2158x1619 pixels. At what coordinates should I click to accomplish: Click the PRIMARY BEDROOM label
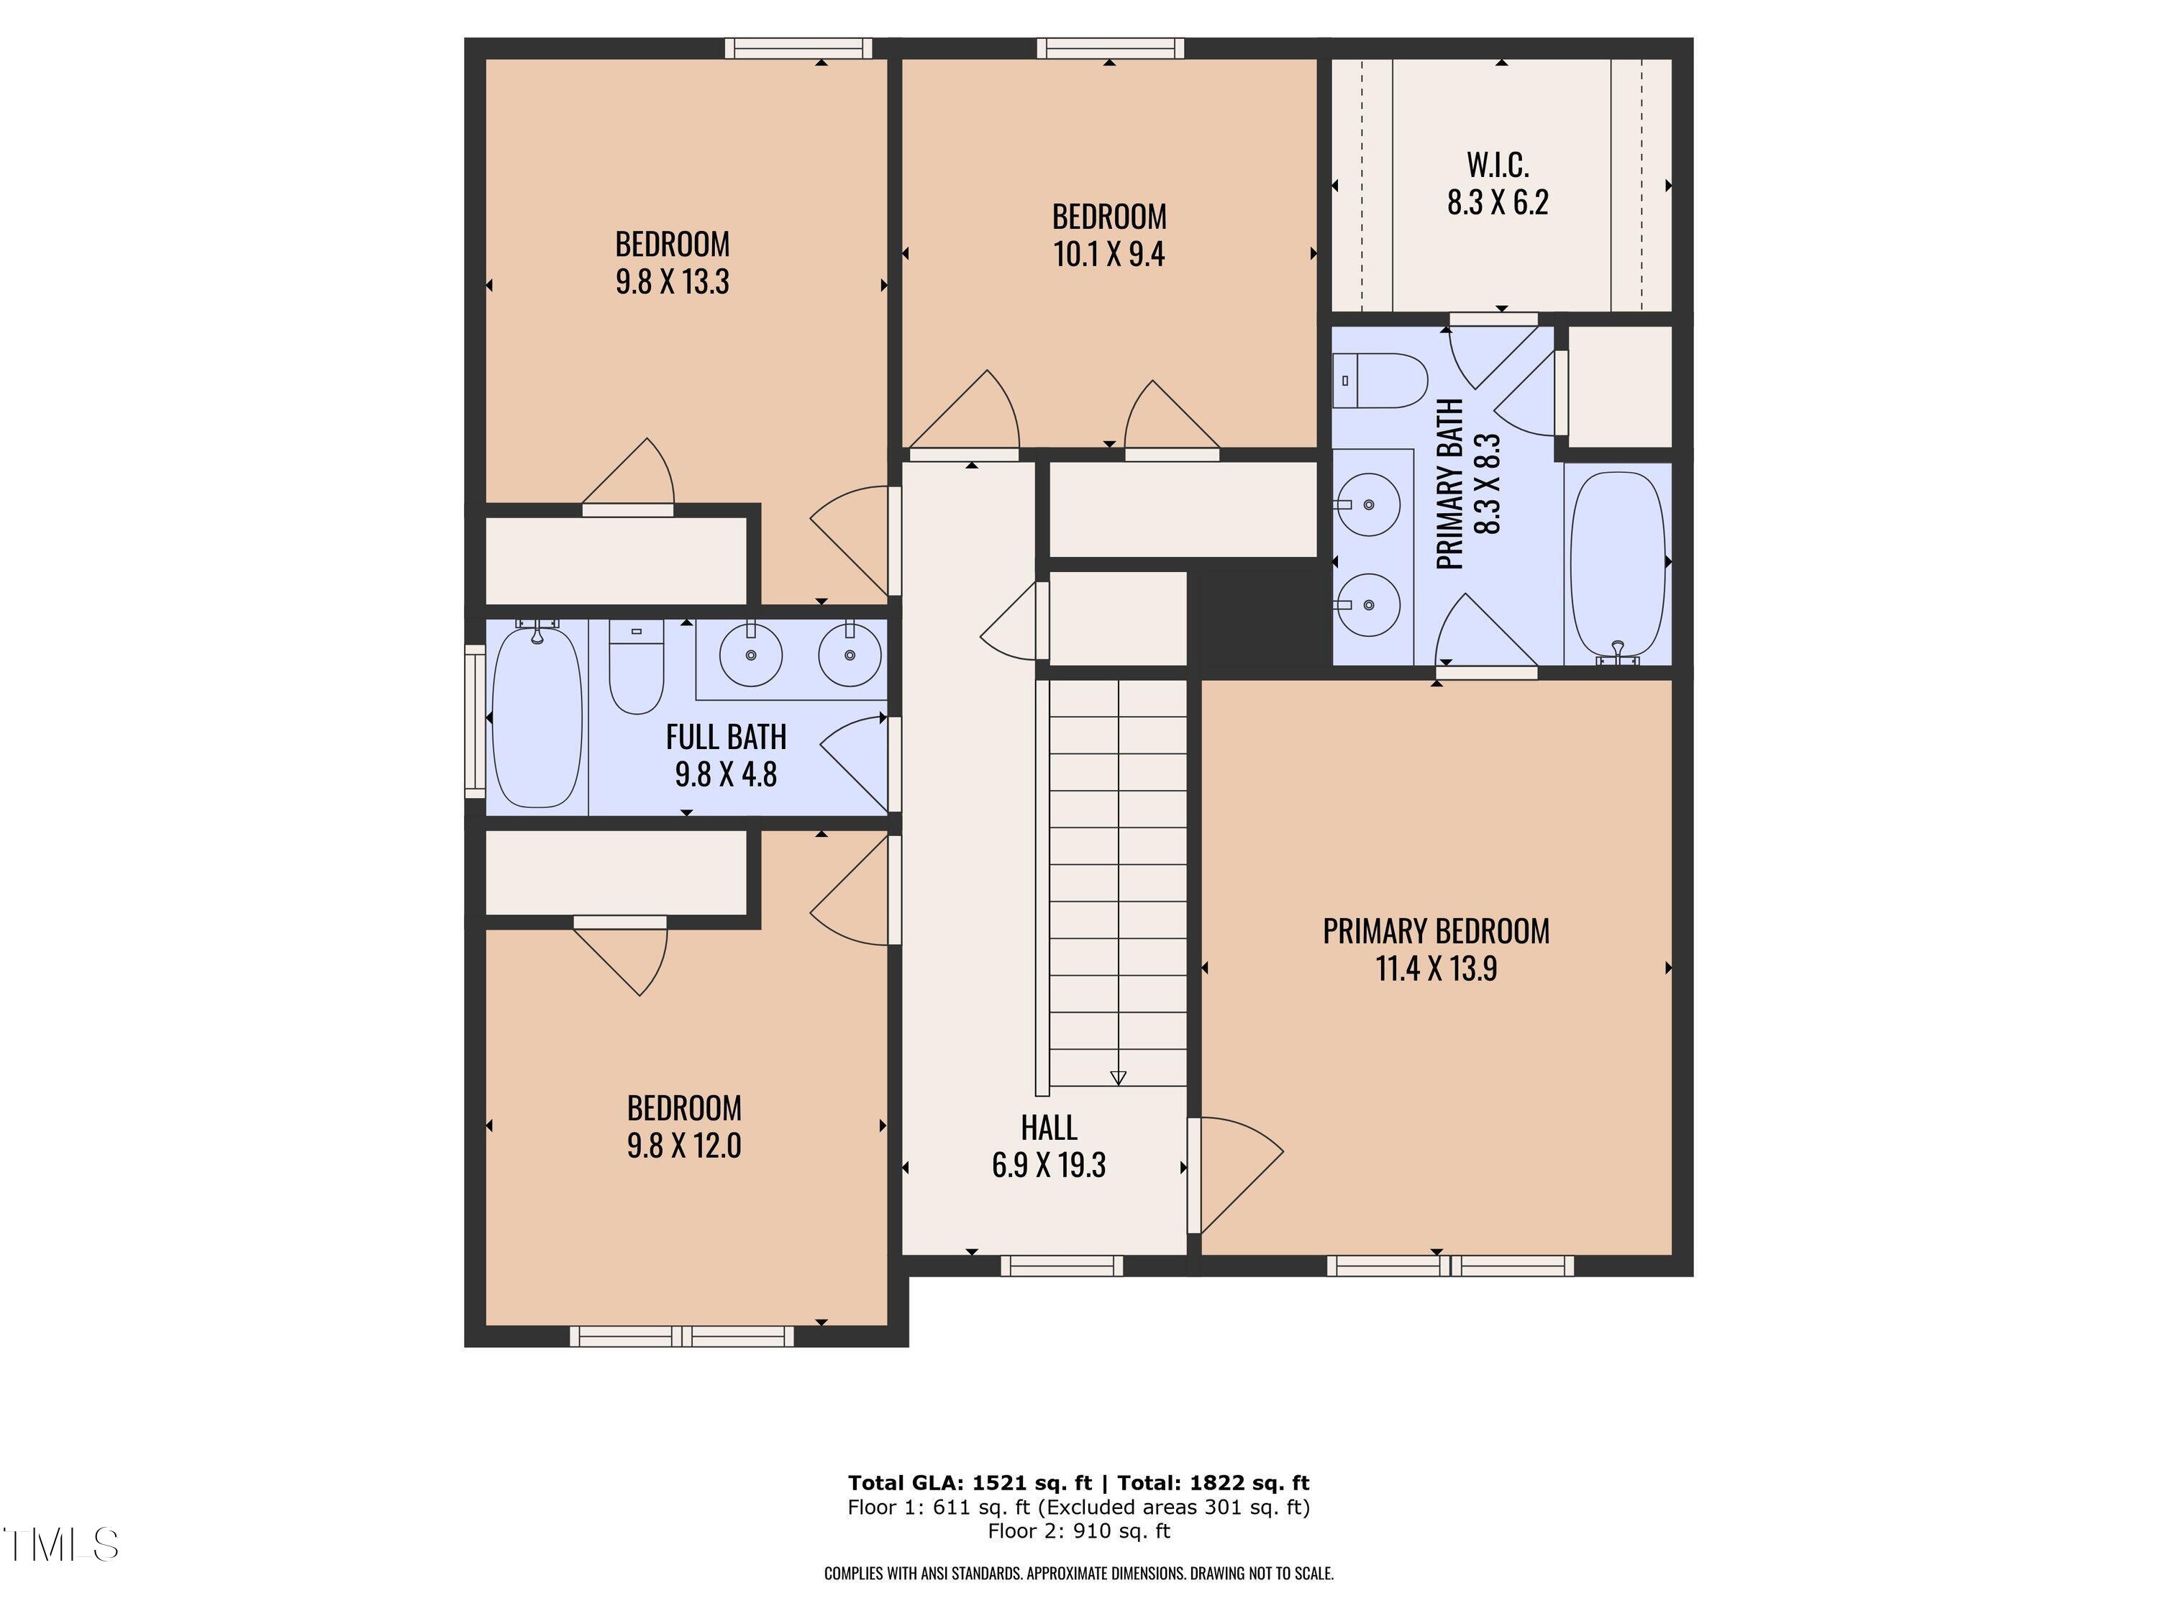point(1435,931)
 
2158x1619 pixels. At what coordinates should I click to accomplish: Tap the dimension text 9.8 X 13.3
point(671,282)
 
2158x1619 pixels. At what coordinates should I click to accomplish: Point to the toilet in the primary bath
point(1381,381)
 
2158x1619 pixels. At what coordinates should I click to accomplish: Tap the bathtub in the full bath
point(537,717)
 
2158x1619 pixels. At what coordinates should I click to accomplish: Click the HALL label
point(1048,1128)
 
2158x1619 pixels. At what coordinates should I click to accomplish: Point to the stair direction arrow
point(1118,1077)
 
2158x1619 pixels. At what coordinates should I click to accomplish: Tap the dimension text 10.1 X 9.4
point(1108,255)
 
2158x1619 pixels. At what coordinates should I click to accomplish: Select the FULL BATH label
point(725,737)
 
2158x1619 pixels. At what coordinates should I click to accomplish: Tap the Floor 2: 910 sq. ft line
point(1078,1531)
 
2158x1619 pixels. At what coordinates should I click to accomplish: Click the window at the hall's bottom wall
point(1062,1266)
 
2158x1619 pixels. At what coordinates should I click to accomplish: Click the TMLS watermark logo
point(60,1545)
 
